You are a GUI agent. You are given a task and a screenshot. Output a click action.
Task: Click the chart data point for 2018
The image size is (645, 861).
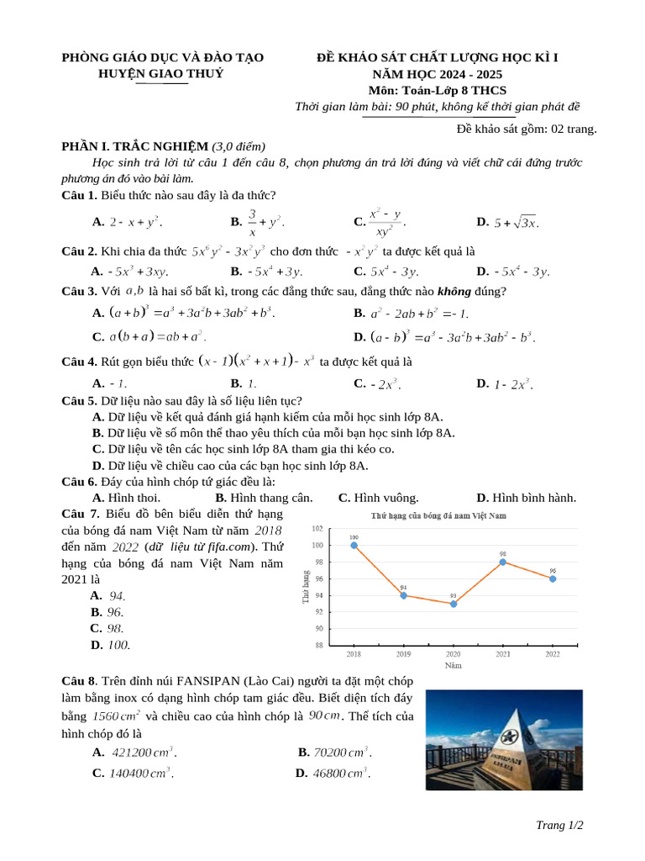(354, 545)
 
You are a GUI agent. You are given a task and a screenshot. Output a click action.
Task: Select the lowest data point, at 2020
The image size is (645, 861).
(454, 604)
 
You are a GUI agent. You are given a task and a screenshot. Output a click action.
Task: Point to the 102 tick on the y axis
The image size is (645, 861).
(317, 529)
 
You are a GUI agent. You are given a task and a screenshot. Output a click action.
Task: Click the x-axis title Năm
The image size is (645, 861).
(453, 665)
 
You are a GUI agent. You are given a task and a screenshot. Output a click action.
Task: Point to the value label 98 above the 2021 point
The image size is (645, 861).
(502, 554)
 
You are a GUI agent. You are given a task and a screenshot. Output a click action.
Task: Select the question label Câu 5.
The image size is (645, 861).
(79, 401)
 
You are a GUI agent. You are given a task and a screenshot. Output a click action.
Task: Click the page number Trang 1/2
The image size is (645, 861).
(559, 826)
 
